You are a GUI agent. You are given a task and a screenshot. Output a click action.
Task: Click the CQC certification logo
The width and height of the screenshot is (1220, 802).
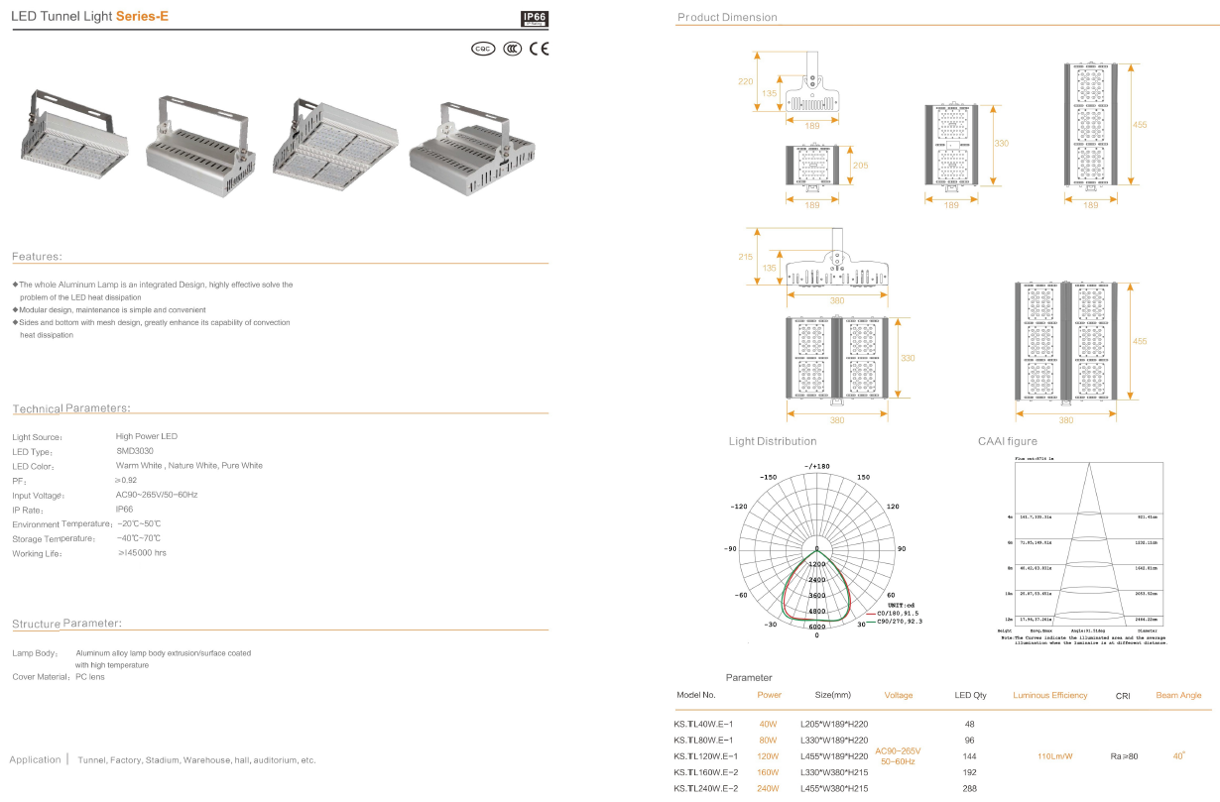pos(483,48)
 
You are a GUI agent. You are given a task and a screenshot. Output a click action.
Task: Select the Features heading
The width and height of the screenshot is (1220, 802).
pos(37,257)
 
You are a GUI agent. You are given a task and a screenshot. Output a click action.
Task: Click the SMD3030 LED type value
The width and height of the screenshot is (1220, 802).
pos(135,451)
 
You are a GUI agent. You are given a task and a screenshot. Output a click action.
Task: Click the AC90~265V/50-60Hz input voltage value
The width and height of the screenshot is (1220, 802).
pos(157,495)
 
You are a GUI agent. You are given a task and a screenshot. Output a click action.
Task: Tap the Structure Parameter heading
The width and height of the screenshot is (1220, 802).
pos(66,624)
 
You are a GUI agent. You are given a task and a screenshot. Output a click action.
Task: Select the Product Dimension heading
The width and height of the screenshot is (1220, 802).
pos(727,18)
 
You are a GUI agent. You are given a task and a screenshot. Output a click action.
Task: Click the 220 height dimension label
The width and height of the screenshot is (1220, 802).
pos(746,81)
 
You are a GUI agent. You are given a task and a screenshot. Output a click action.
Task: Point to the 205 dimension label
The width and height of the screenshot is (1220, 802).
pos(860,166)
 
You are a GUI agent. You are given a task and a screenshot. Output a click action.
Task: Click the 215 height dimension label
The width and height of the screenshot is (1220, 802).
pos(746,257)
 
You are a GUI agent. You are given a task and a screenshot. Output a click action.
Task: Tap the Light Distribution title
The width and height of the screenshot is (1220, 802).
pos(773,441)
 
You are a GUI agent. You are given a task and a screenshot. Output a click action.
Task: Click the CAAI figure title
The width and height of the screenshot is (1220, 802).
pos(1007,441)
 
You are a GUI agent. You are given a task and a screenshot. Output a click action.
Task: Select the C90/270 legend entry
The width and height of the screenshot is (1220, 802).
pos(894,622)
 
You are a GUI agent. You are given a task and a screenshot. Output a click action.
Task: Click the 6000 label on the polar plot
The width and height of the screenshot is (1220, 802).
pos(816,628)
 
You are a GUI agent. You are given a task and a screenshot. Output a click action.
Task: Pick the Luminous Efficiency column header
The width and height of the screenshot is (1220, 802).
pos(1049,696)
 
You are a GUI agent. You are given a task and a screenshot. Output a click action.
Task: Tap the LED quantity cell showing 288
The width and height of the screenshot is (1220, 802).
pos(969,788)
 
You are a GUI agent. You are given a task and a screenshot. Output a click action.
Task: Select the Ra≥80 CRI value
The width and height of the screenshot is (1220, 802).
pos(1124,756)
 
